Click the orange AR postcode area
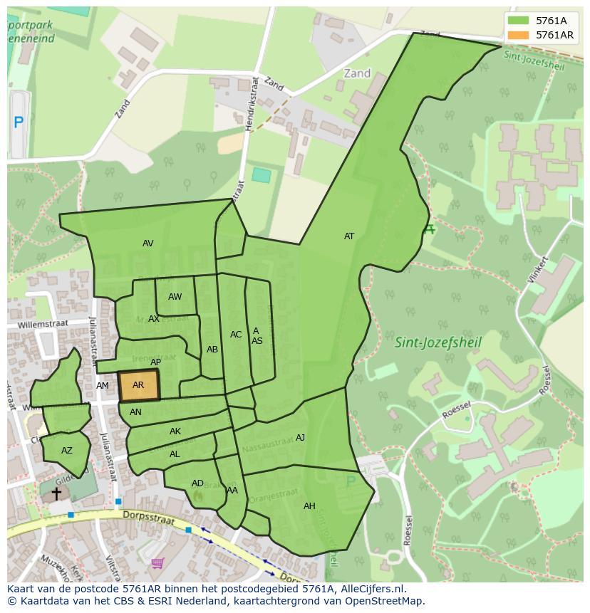tap(138, 385)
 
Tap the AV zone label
tap(147, 243)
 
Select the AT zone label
tap(349, 236)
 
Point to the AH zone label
tap(309, 506)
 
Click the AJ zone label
tap(300, 438)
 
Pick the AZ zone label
tap(67, 451)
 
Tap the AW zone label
tap(175, 297)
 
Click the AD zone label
tap(197, 483)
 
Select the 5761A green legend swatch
tap(519, 21)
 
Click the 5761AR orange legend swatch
tap(519, 35)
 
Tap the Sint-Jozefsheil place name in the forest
tap(438, 342)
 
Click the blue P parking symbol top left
tap(19, 122)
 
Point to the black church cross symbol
tap(56, 493)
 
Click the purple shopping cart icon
tap(157, 563)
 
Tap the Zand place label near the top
tap(357, 73)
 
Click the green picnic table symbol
tap(428, 229)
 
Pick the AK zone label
tap(175, 431)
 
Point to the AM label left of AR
tap(103, 386)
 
